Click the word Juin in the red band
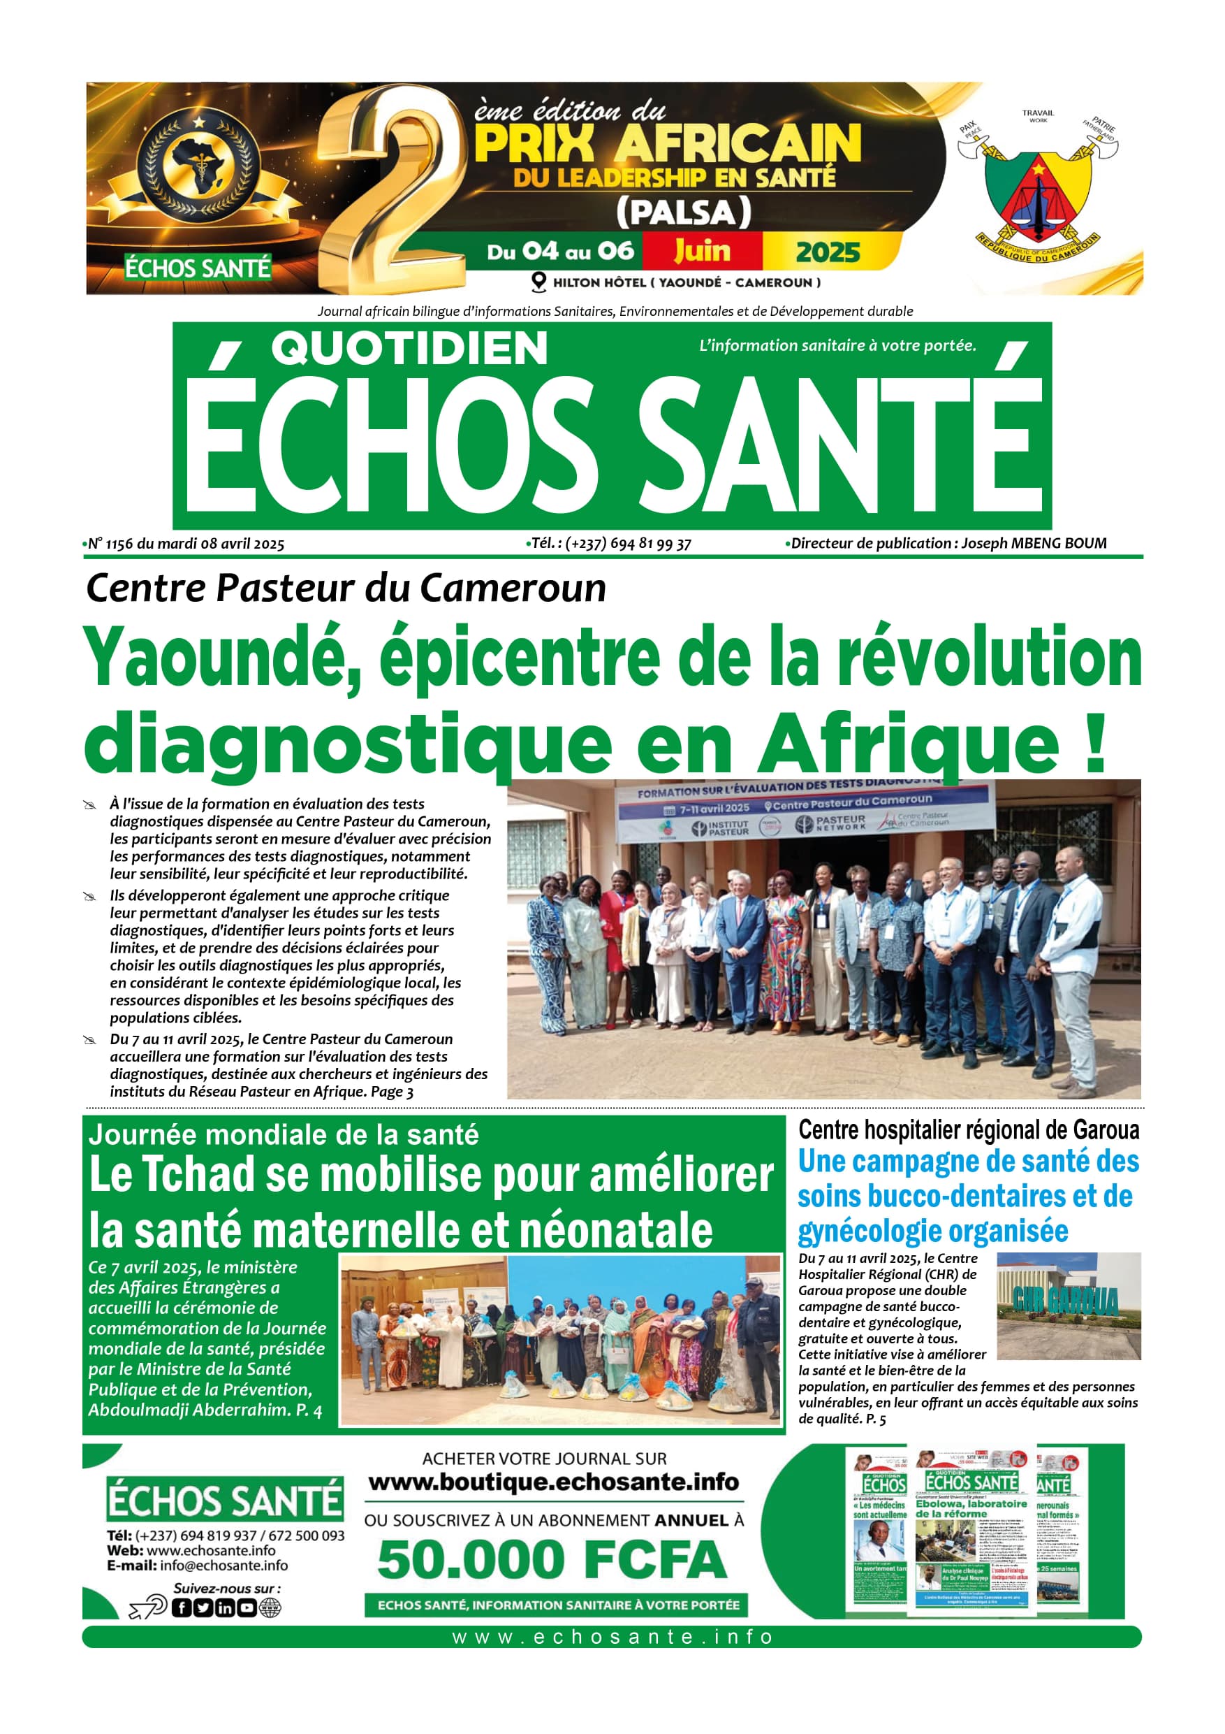coord(702,251)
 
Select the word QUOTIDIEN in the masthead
coord(409,349)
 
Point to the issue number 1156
coord(120,544)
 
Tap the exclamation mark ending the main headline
coord(1096,744)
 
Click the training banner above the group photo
coord(802,812)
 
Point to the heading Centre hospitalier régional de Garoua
coord(969,1131)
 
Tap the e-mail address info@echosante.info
coord(223,1566)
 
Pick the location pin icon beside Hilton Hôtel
coord(539,282)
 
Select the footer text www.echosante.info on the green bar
coord(612,1638)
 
